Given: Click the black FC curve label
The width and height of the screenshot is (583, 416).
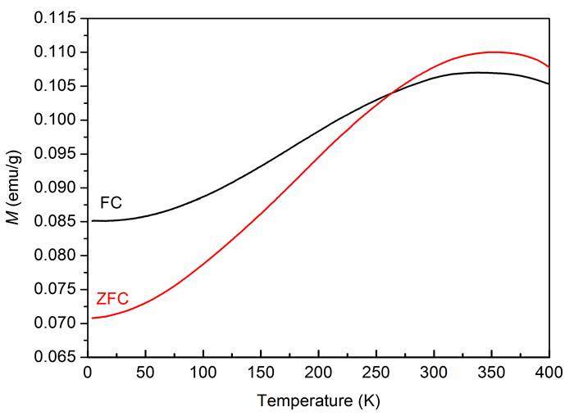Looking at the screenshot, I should [x=111, y=202].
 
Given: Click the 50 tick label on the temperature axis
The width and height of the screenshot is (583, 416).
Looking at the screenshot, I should [x=145, y=373].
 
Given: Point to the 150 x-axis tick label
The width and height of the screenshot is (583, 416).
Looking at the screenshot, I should [x=261, y=373].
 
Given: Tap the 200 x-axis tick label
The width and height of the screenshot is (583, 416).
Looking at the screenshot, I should [x=318, y=373].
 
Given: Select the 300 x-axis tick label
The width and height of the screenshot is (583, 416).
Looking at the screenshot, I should [x=434, y=373].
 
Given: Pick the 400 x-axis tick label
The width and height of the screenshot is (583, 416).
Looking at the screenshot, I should [x=549, y=373].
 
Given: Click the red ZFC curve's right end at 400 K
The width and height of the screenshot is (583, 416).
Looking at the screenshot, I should [x=548, y=66].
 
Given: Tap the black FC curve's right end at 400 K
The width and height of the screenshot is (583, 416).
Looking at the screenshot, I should [x=548, y=84].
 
